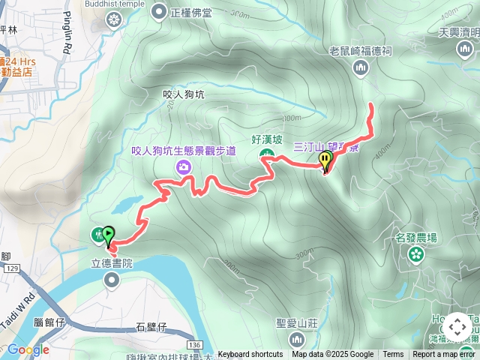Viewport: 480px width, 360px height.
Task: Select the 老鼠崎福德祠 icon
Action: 361,68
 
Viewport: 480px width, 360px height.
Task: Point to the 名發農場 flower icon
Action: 415,255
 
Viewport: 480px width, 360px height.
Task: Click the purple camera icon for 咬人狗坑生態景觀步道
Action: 183,166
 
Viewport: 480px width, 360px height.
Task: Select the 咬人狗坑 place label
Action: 183,94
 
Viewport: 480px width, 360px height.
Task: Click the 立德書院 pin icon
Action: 112,280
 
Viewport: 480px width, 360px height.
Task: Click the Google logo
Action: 28,349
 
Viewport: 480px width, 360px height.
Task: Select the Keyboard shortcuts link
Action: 250,355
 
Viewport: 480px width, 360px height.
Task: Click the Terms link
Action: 393,355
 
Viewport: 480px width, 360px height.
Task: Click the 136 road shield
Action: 194,343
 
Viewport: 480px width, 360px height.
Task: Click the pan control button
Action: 457,327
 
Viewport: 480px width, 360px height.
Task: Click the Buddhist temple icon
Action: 113,19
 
